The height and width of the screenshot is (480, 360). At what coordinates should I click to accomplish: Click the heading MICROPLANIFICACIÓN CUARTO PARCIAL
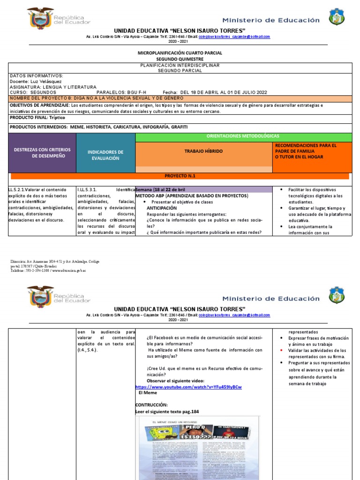coord(180,53)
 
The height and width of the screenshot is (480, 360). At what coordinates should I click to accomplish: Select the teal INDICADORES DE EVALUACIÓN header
coord(105,155)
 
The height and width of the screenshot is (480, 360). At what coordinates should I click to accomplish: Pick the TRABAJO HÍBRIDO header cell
coord(203,152)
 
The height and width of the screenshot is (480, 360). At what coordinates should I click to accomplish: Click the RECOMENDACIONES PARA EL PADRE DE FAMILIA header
coord(312,151)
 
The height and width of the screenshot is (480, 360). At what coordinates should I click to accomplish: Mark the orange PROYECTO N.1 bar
coord(180,176)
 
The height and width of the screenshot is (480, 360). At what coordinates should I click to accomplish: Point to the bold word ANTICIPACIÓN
coord(162,208)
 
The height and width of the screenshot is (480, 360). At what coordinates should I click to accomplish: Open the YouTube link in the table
coord(188,387)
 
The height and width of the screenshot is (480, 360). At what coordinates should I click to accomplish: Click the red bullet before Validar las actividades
coord(280,350)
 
